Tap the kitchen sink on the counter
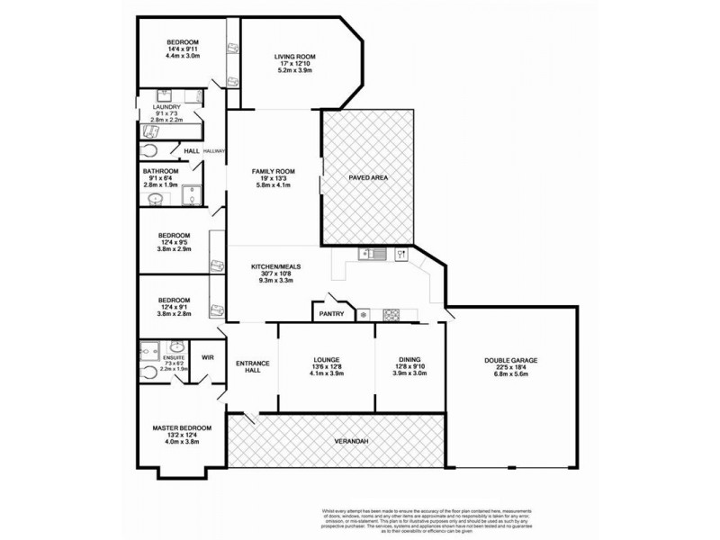373,255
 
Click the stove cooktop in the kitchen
392,314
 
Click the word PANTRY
329,314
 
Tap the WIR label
208,357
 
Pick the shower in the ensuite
150,347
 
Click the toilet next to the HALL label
150,152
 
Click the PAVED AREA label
368,178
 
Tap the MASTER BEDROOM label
183,427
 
